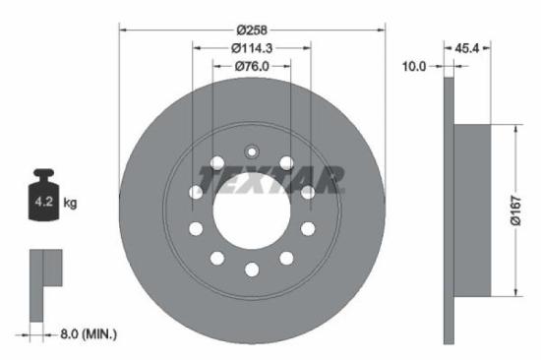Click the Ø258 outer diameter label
(252, 29)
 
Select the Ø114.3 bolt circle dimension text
(252, 47)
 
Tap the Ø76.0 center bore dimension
(252, 66)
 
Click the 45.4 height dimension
(469, 46)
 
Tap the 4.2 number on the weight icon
(44, 205)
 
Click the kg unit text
(70, 205)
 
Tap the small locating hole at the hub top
(252, 152)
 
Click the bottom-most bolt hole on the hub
(252, 270)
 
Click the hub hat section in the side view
(472, 209)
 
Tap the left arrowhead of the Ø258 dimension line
(122, 29)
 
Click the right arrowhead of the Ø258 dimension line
(383, 29)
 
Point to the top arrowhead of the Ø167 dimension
(514, 125)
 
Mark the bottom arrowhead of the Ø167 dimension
(514, 293)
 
